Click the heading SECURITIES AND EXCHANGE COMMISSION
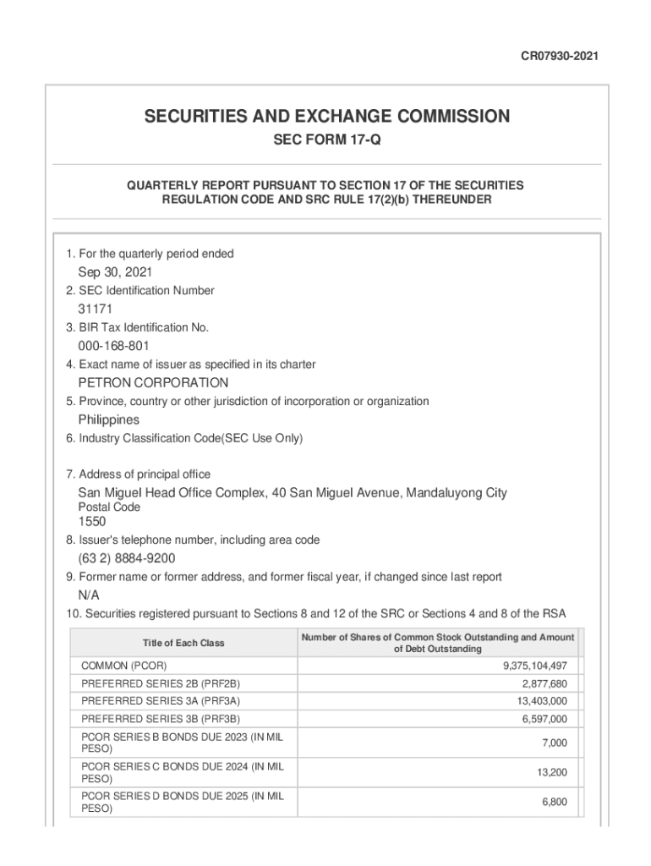pyautogui.click(x=326, y=117)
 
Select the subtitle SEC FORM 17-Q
pyautogui.click(x=326, y=140)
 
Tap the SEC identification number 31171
pyautogui.click(x=96, y=309)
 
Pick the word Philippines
pyautogui.click(x=109, y=419)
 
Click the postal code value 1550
pyautogui.click(x=93, y=522)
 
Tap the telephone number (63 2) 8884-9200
pyautogui.click(x=127, y=559)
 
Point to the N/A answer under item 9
pyautogui.click(x=89, y=595)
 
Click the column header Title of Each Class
pyautogui.click(x=183, y=643)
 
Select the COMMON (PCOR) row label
pyautogui.click(x=123, y=666)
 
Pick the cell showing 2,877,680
pyautogui.click(x=544, y=683)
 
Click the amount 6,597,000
pyautogui.click(x=544, y=719)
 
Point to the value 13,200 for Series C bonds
pyautogui.click(x=553, y=772)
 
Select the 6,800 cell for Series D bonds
pyautogui.click(x=555, y=802)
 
